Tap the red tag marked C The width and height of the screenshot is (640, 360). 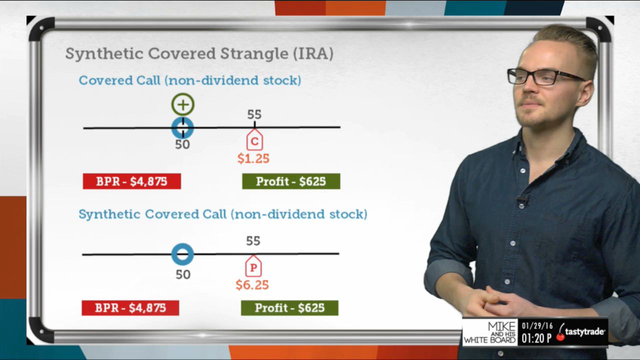254,139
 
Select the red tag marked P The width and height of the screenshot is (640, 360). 253,266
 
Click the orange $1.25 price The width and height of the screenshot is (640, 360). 253,158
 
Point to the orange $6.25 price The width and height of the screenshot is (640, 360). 252,285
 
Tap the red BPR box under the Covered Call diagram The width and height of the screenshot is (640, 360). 132,181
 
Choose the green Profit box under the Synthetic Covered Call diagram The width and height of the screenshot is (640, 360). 289,307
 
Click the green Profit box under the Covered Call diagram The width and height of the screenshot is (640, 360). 291,181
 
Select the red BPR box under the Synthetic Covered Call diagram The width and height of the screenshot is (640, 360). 130,307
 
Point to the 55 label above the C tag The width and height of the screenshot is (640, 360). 254,114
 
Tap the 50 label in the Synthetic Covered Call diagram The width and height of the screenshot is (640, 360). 183,274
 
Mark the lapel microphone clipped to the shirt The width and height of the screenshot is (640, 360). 523,200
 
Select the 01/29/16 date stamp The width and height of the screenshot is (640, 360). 537,326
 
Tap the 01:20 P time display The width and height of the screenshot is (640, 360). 536,338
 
